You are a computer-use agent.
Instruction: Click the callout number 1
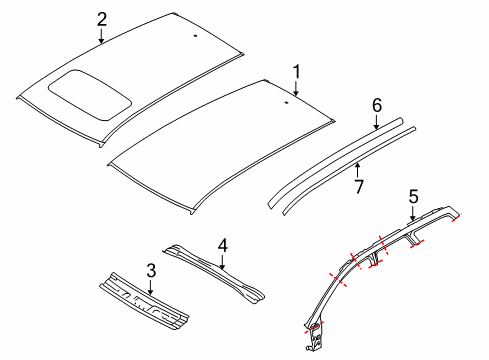click(x=296, y=71)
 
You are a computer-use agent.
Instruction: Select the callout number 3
click(x=150, y=270)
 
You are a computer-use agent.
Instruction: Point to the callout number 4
click(x=223, y=245)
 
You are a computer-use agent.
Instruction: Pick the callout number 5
click(x=413, y=198)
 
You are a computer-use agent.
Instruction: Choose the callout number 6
click(x=377, y=104)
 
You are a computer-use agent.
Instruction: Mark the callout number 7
click(x=359, y=186)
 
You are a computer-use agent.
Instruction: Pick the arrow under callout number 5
click(x=413, y=215)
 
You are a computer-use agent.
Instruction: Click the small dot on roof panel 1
click(x=286, y=103)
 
